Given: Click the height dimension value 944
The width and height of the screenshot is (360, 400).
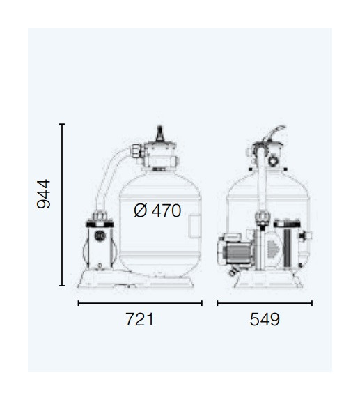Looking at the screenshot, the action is point(43,194).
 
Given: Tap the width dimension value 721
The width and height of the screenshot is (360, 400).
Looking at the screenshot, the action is point(140,319).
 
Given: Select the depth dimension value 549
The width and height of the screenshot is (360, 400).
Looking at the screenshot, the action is point(265,319).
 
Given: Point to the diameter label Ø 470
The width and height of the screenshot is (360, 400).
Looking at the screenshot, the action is point(157,210).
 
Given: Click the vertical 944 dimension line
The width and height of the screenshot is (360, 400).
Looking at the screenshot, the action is point(62,205).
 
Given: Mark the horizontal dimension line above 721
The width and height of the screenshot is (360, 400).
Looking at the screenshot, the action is point(140,303).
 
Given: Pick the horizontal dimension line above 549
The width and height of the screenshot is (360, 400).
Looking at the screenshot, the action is point(265,303).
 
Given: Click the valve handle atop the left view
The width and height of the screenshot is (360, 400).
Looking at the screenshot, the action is point(160,133).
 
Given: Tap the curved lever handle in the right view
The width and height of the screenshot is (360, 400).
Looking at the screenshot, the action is point(275,132).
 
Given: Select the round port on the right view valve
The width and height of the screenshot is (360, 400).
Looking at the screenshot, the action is point(273,161).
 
